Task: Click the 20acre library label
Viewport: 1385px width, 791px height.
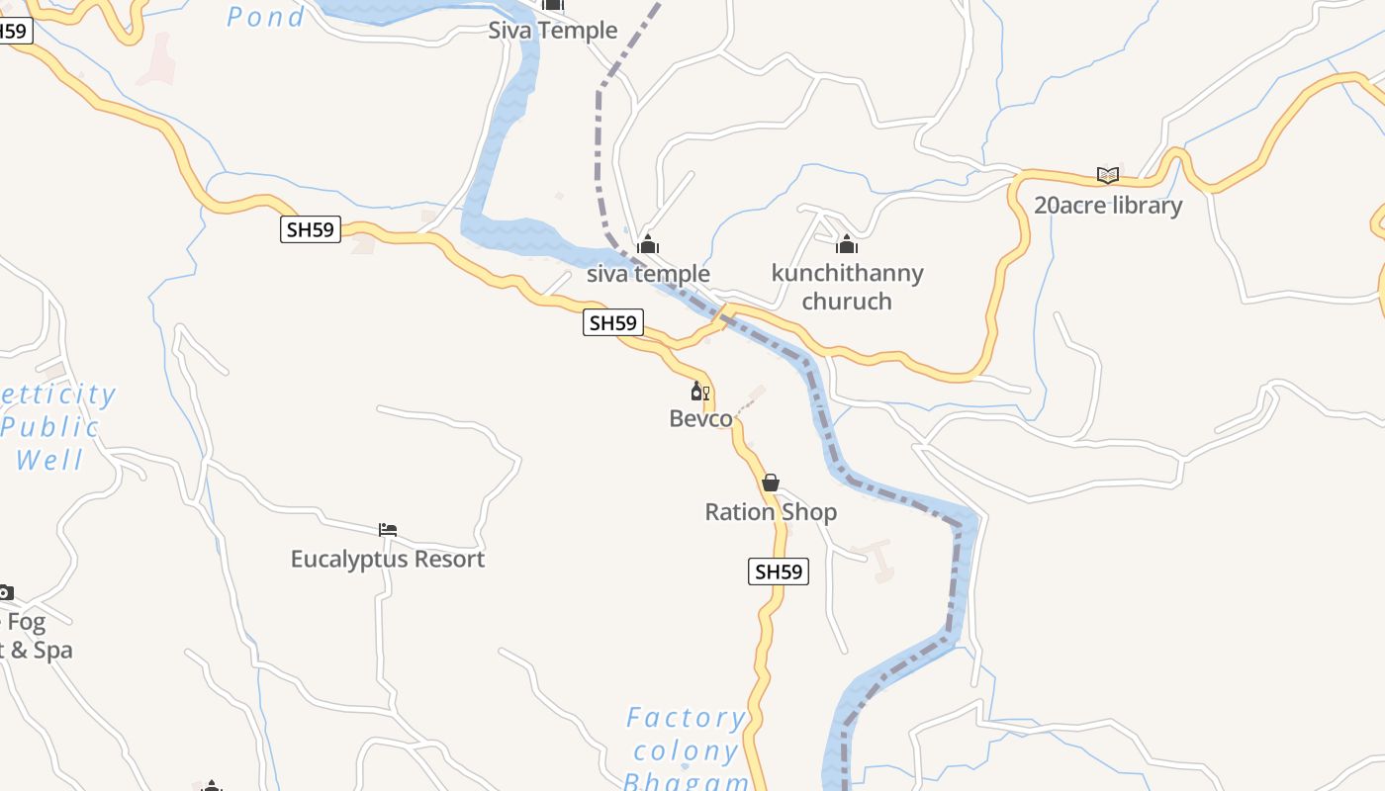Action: tap(1107, 206)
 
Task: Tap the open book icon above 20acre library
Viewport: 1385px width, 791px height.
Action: tap(1108, 176)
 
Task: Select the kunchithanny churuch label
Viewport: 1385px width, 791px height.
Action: tap(847, 287)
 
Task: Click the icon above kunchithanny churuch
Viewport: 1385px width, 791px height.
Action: tap(847, 244)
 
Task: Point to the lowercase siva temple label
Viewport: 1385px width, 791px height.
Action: tap(648, 274)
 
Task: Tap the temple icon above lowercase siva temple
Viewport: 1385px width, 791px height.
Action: tap(648, 244)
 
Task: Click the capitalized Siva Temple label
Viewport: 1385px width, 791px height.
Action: tap(553, 31)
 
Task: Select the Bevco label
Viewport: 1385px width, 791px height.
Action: tap(701, 418)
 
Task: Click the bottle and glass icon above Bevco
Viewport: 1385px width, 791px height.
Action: tap(700, 392)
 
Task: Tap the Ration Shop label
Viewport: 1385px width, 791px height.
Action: tap(771, 512)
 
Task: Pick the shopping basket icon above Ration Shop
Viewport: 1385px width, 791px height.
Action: tap(771, 483)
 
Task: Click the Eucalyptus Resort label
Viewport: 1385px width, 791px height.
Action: tap(388, 559)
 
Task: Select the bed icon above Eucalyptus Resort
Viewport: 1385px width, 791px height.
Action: tap(388, 531)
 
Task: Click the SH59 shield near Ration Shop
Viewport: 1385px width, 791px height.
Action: tap(779, 571)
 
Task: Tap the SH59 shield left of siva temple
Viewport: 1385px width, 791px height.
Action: tap(613, 322)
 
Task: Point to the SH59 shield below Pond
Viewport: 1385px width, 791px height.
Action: tap(311, 230)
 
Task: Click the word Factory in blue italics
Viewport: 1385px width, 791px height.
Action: tap(686, 718)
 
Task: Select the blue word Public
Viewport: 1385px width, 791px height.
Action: tap(49, 427)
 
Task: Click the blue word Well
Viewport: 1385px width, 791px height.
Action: tap(49, 460)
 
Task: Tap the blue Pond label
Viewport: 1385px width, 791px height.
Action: tap(265, 17)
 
